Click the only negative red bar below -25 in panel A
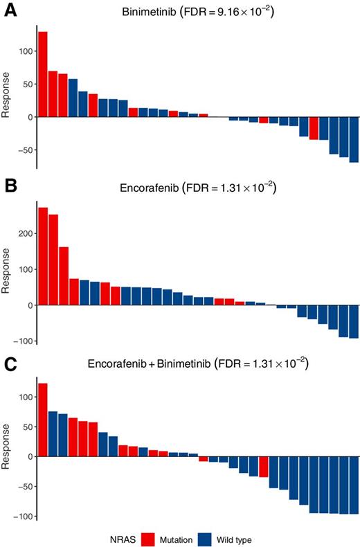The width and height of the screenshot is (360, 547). (314, 128)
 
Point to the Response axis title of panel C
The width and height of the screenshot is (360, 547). (7, 448)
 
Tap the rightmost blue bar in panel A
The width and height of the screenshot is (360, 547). (354, 140)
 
